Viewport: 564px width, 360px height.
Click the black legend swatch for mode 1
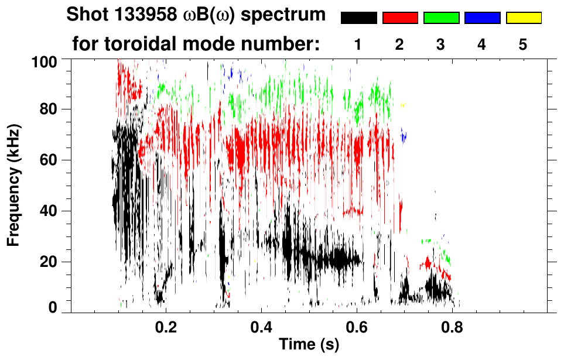pyautogui.click(x=358, y=18)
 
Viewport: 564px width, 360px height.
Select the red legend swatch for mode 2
pyautogui.click(x=399, y=18)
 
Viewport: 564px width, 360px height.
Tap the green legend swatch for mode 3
pyautogui.click(x=441, y=18)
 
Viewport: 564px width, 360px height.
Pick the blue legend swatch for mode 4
pyautogui.click(x=482, y=18)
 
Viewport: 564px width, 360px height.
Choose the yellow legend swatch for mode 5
pyautogui.click(x=523, y=18)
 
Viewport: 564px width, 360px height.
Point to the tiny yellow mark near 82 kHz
pyautogui.click(x=402, y=105)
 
